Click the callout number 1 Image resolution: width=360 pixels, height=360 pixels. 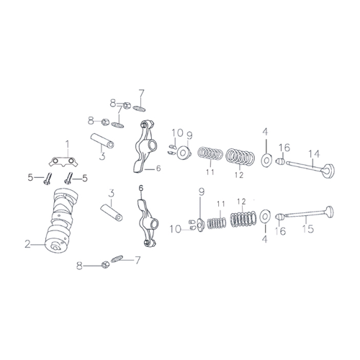[68, 145]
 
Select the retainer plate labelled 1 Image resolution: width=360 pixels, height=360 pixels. [63, 161]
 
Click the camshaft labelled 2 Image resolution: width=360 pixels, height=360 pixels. [61, 220]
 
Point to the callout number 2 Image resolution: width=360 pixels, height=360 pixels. [28, 244]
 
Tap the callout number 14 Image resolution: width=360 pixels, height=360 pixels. [314, 154]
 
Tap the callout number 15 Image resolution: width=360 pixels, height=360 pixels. [308, 229]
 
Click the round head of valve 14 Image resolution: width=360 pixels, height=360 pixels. [328, 171]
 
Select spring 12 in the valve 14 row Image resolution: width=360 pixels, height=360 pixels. [240, 157]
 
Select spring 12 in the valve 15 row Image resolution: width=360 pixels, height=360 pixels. [243, 219]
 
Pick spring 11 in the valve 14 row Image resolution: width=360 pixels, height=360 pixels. [210, 153]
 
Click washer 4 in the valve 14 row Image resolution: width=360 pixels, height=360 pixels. [266, 160]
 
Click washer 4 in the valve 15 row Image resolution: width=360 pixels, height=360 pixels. [265, 217]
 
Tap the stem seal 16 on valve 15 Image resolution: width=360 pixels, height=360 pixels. [279, 217]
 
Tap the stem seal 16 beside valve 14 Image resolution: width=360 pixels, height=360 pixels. [280, 161]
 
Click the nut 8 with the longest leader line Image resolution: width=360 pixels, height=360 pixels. [106, 265]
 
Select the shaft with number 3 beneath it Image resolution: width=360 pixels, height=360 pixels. [102, 141]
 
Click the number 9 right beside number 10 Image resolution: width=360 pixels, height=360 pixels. [189, 135]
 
